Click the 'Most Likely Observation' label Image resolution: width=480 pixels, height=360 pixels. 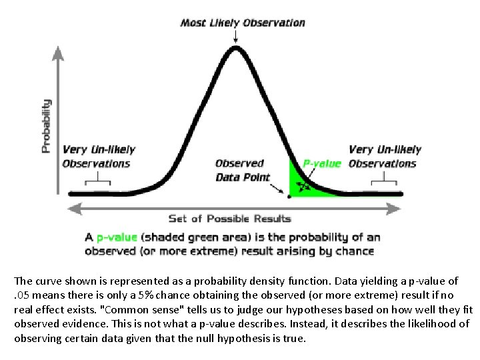(243, 22)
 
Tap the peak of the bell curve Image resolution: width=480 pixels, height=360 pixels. (235, 48)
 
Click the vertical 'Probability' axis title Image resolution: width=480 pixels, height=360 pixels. (46, 126)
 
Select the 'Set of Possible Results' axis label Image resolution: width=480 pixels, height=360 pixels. (230, 218)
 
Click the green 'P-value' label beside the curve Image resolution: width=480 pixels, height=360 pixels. (322, 163)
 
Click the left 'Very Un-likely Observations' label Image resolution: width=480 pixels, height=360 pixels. (99, 157)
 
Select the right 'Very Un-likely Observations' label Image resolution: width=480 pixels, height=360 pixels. (384, 157)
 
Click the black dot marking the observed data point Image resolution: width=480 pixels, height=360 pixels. (289, 196)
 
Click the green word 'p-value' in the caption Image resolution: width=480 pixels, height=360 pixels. (117, 237)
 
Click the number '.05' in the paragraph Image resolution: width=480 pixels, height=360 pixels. (24, 295)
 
